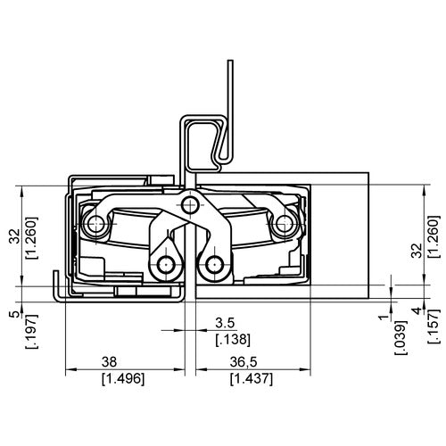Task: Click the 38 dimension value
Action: (x=107, y=364)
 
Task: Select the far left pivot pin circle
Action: (x=92, y=224)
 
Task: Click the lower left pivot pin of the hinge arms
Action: (x=164, y=265)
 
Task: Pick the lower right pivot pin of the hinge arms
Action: (x=211, y=265)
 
